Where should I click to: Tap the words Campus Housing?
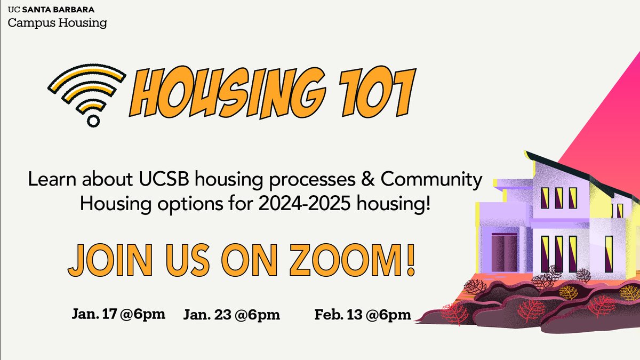(x=57, y=23)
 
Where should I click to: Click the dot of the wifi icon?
(x=93, y=121)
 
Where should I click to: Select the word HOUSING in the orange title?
(x=219, y=93)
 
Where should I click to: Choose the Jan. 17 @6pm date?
(x=118, y=314)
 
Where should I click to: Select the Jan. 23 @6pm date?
(x=231, y=315)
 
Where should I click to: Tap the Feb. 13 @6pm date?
(x=363, y=315)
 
